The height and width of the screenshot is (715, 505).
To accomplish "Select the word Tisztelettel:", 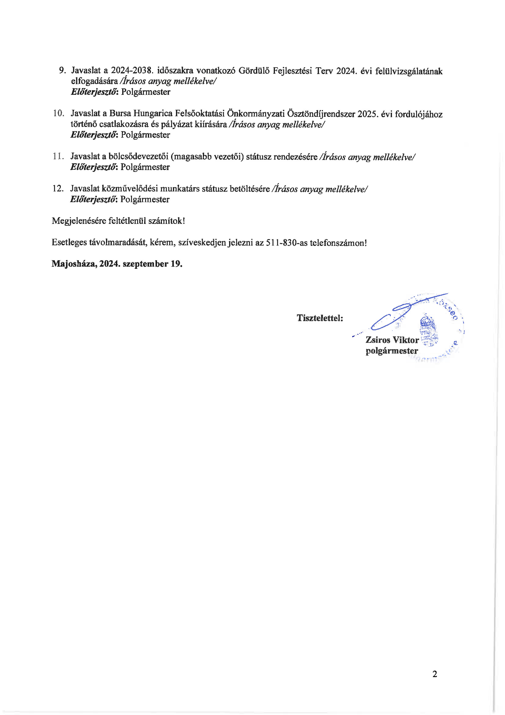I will tap(320, 318).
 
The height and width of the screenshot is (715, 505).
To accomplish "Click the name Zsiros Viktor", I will tap(392, 340).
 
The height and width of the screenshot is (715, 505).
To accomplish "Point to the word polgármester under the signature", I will tap(392, 351).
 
